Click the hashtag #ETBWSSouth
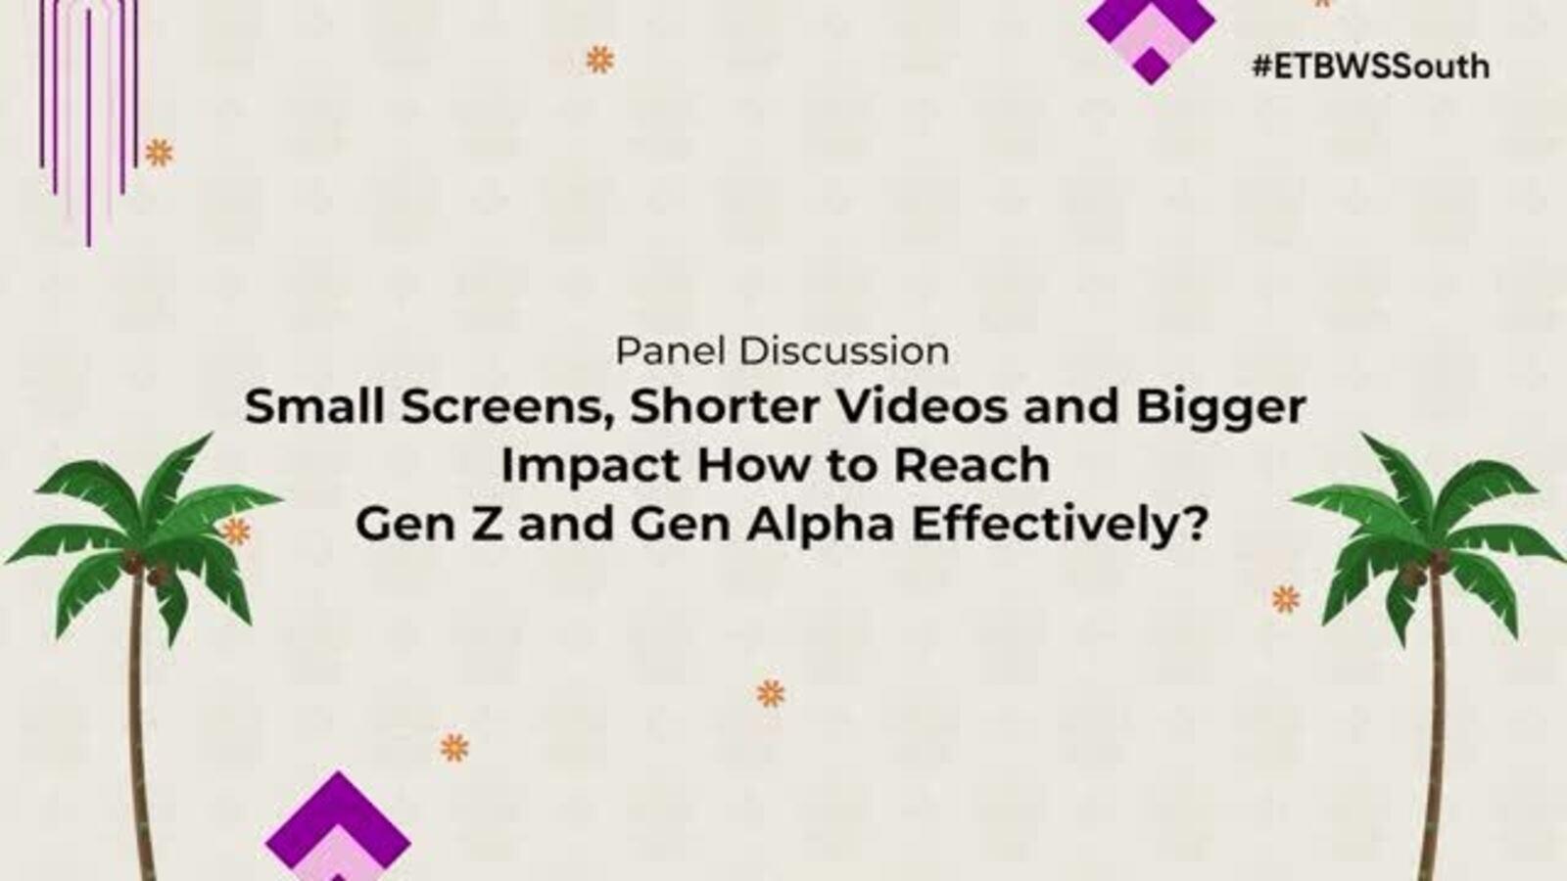pos(1370,68)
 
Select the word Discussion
pos(844,351)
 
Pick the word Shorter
pos(725,406)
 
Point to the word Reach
pos(973,465)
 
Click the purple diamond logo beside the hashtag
pos(1151,35)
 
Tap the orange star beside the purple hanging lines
pos(159,153)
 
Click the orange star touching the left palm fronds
pos(236,532)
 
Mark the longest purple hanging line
pos(88,128)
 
